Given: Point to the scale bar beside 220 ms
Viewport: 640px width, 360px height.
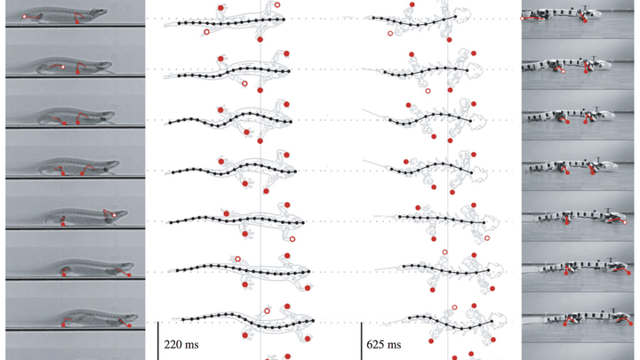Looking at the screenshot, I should pyautogui.click(x=158, y=340).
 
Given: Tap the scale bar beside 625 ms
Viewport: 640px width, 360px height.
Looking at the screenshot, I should pyautogui.click(x=361, y=340).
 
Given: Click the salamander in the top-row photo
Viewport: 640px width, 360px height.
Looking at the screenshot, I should pyautogui.click(x=67, y=17).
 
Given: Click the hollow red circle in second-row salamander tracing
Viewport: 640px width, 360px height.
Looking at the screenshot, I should pyautogui.click(x=244, y=84).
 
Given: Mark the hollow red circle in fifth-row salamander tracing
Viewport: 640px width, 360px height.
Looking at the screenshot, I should pyautogui.click(x=291, y=238).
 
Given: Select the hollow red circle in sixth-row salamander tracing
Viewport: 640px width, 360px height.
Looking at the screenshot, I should pyautogui.click(x=236, y=259).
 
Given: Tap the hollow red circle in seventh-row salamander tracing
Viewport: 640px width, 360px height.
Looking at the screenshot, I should pyautogui.click(x=268, y=309).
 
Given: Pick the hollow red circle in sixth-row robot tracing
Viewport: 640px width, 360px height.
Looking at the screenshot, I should pyautogui.click(x=444, y=252).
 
